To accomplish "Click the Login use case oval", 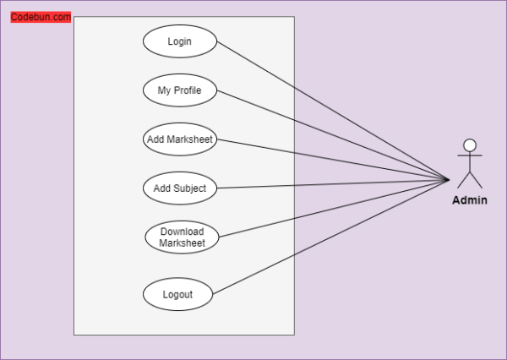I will [x=180, y=41].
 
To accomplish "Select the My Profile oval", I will [x=180, y=90].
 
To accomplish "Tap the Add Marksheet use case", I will [x=180, y=139].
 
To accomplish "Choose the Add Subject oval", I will [x=180, y=188].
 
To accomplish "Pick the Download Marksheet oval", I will [x=182, y=237].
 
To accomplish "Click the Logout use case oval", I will [x=177, y=295].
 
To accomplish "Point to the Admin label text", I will [x=470, y=200].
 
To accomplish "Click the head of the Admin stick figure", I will [x=470, y=145].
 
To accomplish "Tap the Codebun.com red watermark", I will [x=41, y=17].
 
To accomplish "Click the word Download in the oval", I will [x=182, y=232].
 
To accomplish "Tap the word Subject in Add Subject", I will [x=190, y=188].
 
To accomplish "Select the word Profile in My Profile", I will [x=188, y=90].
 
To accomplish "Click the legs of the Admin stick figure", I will [x=470, y=179].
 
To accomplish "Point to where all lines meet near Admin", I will [x=448, y=179].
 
